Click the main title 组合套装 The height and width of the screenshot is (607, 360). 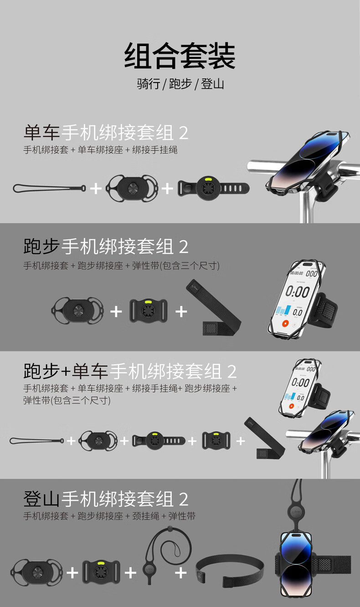(x=180, y=56)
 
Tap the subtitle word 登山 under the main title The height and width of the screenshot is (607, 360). (x=212, y=84)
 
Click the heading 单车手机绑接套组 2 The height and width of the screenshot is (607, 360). (x=106, y=133)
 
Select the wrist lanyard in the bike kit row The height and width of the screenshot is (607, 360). (x=50, y=188)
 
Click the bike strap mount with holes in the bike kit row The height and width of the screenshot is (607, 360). (x=213, y=188)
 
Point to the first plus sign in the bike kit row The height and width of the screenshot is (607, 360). (x=96, y=189)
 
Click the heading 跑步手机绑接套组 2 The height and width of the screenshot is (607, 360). (x=106, y=247)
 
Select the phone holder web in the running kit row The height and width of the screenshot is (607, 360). (x=77, y=311)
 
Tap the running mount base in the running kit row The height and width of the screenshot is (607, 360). (x=149, y=311)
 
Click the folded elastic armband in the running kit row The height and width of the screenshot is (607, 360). (x=214, y=307)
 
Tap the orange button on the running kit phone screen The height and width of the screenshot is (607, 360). (x=285, y=323)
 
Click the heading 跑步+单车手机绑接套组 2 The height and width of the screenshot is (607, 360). (x=130, y=371)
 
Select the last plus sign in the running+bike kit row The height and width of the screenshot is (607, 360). (x=240, y=441)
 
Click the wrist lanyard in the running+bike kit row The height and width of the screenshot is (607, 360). (x=37, y=441)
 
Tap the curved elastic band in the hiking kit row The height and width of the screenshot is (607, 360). (x=230, y=566)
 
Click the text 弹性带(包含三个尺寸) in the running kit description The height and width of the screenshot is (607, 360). (x=175, y=265)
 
